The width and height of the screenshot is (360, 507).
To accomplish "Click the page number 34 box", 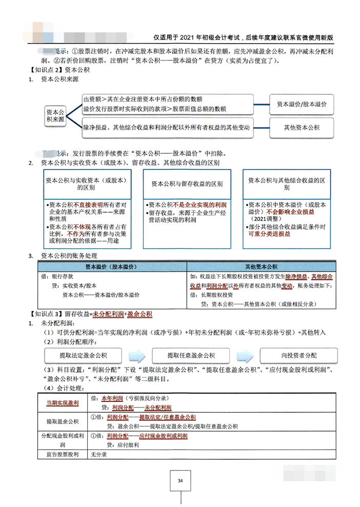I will pos(180,480).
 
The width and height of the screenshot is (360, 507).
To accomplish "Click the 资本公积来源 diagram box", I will pos(56,115).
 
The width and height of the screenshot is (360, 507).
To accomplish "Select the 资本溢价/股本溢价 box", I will pos(302,104).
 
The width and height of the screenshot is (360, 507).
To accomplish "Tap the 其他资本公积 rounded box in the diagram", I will pos(302,127).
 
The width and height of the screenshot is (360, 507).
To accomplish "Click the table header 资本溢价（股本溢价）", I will pos(112,267).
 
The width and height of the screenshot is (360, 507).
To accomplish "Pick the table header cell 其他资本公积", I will pos(261,267).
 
